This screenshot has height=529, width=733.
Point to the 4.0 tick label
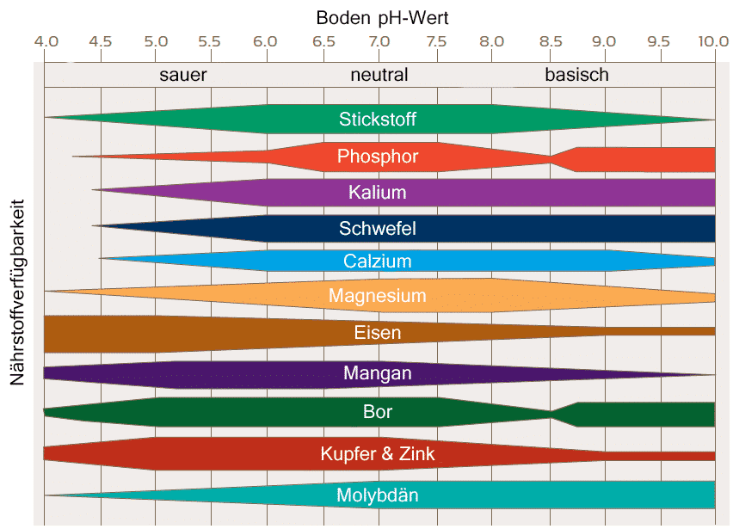(x=46, y=41)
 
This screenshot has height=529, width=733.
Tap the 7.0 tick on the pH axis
(x=379, y=41)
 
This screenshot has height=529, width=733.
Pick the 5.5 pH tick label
(x=210, y=41)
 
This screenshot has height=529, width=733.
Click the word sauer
(x=183, y=75)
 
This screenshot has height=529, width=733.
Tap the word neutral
(x=379, y=75)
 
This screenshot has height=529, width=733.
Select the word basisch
(x=576, y=75)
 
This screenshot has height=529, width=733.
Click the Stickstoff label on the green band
(x=378, y=119)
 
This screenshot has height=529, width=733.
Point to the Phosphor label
(x=378, y=157)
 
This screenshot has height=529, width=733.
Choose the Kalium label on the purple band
(x=378, y=192)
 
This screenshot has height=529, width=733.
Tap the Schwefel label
(x=378, y=228)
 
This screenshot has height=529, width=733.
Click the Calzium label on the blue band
(x=378, y=261)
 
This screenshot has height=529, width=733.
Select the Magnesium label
(x=378, y=296)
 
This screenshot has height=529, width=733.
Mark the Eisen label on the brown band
(x=378, y=332)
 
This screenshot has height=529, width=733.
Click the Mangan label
(x=378, y=373)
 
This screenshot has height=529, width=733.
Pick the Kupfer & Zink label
(x=378, y=453)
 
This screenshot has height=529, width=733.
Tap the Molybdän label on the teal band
(x=378, y=495)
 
